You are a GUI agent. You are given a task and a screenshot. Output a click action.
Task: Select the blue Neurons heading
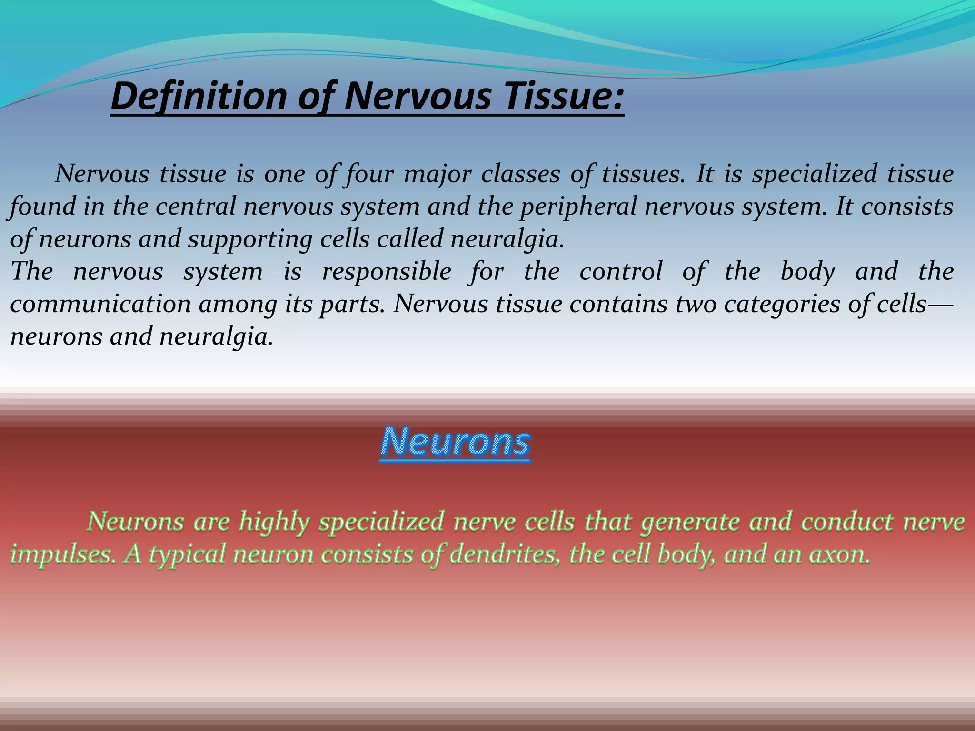click(456, 443)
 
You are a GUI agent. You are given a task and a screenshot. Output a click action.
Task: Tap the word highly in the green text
click(274, 522)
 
